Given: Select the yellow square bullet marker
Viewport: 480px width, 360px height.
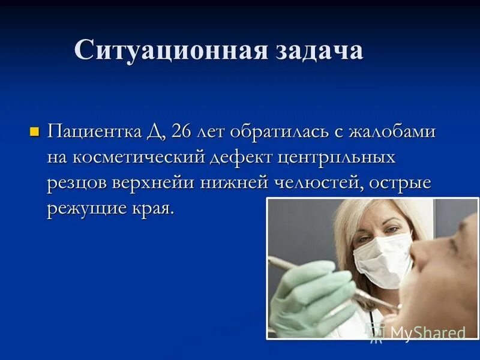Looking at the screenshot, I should tap(34, 131).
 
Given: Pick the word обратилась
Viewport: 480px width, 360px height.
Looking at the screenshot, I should tap(264, 131).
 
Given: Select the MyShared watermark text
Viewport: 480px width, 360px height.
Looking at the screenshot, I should tap(427, 332).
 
